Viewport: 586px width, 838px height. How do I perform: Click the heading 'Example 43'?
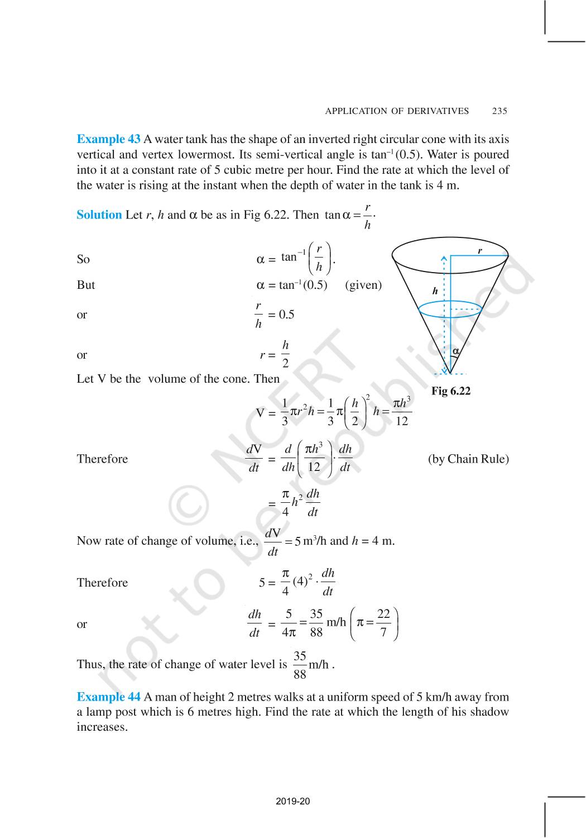[108, 139]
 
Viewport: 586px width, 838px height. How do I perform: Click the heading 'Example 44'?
[108, 697]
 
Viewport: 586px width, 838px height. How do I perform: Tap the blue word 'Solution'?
[99, 215]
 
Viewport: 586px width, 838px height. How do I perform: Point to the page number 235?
[499, 111]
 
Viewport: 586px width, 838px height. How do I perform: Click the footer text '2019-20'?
[293, 801]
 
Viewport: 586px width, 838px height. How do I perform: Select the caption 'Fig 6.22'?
[451, 391]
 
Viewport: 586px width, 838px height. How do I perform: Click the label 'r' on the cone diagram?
[479, 251]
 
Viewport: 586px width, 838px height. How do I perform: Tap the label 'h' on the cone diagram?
[435, 291]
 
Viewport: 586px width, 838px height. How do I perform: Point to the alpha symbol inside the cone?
[455, 351]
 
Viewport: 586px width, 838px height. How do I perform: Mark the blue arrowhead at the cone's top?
[444, 258]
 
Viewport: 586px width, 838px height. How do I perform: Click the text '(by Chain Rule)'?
[468, 459]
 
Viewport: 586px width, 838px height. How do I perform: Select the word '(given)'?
[363, 285]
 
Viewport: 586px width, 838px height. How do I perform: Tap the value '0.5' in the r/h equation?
[286, 315]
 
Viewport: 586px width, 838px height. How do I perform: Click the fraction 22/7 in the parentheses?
[383, 623]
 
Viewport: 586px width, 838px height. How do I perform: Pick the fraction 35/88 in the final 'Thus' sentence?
[300, 665]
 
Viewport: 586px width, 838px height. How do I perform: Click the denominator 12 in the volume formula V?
[401, 421]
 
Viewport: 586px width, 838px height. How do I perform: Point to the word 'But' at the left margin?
[86, 285]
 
